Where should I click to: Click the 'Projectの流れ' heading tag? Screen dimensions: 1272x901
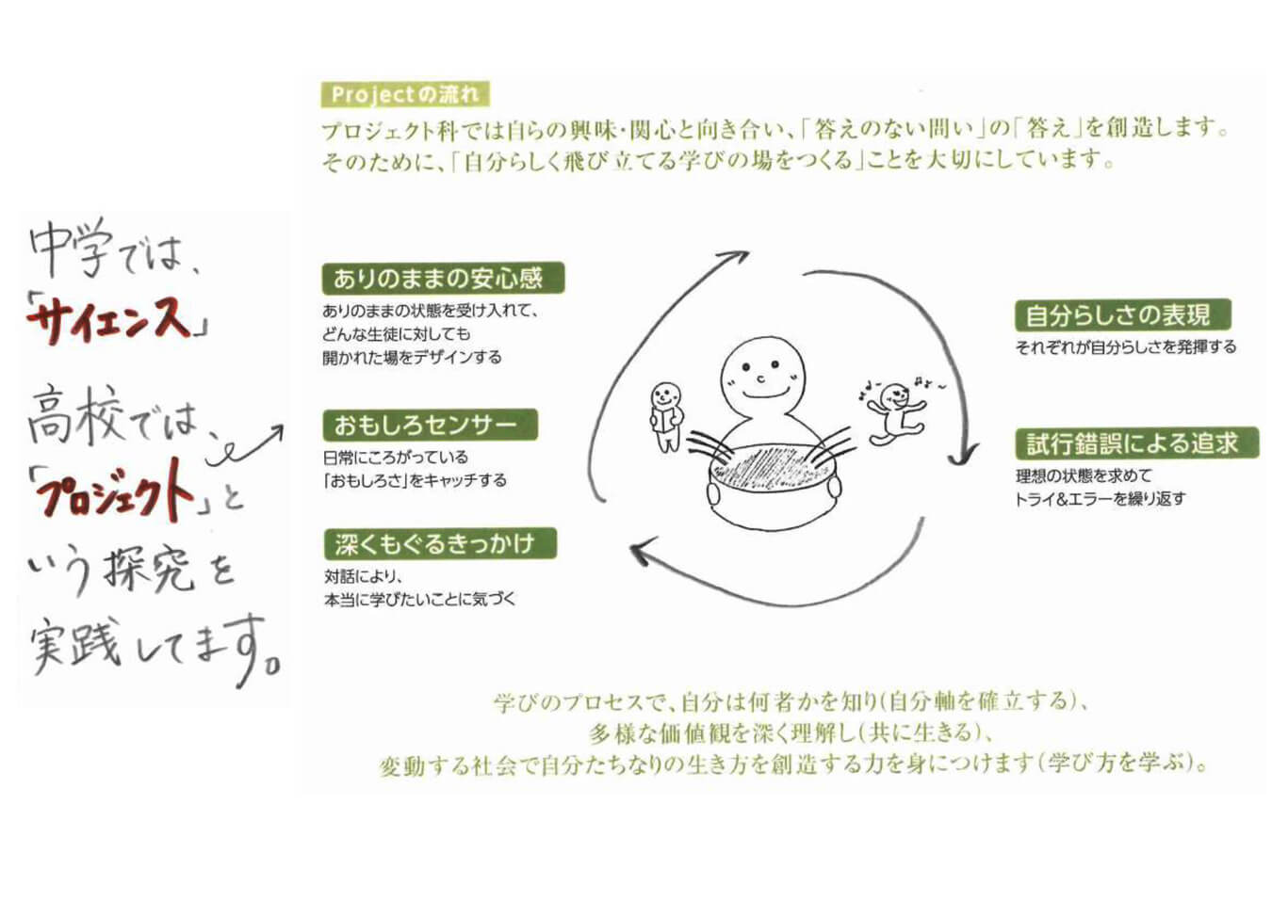coord(405,94)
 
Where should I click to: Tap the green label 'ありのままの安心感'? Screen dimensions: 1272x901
coord(443,278)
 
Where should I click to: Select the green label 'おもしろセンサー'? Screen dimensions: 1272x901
coord(430,425)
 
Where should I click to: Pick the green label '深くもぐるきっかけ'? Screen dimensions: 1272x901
coord(439,544)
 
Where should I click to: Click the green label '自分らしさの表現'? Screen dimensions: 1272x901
coord(1123,314)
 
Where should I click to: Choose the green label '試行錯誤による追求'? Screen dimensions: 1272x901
coord(1137,443)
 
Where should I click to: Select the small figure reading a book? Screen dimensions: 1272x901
coord(666,416)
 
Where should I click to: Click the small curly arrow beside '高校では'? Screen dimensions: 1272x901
coord(244,445)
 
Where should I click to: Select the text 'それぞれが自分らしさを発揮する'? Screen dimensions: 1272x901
coord(1126,346)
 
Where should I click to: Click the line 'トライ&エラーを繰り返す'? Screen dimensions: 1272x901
coord(1100,499)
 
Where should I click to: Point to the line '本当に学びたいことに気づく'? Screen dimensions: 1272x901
coord(419,600)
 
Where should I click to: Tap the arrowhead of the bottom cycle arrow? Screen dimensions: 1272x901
coord(641,552)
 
